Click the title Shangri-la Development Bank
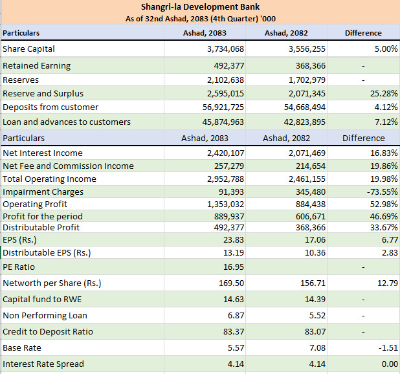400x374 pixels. [x=200, y=7]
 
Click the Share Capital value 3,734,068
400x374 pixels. [x=225, y=49]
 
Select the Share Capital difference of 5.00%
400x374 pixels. [x=386, y=49]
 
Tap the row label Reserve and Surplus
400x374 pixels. [x=43, y=94]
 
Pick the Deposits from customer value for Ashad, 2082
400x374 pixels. [x=305, y=107]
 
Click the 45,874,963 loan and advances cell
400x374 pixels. [x=223, y=122]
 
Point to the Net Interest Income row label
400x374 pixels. [x=43, y=153]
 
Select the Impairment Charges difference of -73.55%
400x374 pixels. [x=382, y=192]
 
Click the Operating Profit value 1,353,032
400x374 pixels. [x=225, y=204]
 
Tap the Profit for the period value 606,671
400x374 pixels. [x=311, y=217]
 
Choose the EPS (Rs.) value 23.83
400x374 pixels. [x=234, y=240]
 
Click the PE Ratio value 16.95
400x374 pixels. [x=234, y=267]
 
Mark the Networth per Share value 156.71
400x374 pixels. [x=313, y=283]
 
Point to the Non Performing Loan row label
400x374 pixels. [x=45, y=316]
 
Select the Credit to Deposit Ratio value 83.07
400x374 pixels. [x=315, y=332]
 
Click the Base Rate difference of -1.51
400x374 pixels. [x=388, y=347]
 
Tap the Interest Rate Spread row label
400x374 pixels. [x=43, y=364]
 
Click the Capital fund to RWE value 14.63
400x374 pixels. [x=234, y=300]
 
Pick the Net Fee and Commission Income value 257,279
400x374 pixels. [x=229, y=166]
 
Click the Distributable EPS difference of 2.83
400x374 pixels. [x=390, y=252]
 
